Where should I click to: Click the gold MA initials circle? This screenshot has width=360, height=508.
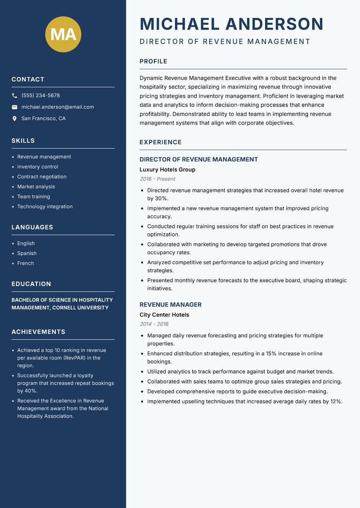[63, 34]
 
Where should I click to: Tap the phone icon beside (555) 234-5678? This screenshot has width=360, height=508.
[14, 96]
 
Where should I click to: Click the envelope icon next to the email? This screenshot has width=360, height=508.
[14, 107]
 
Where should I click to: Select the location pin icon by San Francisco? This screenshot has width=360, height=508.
[14, 119]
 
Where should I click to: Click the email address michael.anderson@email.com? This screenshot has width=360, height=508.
[58, 107]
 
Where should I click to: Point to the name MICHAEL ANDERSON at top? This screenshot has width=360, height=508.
[231, 24]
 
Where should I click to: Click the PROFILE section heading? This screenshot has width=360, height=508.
[153, 62]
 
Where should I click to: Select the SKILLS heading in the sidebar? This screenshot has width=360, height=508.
[23, 141]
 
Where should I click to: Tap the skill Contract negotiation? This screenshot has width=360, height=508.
[42, 177]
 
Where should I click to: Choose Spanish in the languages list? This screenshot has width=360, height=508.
[27, 254]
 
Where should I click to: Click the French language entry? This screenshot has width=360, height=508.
[25, 263]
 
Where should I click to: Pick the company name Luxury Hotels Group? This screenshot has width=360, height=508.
[167, 170]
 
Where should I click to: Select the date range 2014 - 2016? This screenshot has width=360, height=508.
[154, 324]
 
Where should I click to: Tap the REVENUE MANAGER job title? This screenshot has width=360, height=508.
[171, 305]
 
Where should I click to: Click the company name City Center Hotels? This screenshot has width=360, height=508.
[164, 315]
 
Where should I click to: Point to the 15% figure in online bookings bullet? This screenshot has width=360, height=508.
[271, 354]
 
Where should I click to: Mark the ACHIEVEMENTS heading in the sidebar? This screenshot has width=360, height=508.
[38, 332]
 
